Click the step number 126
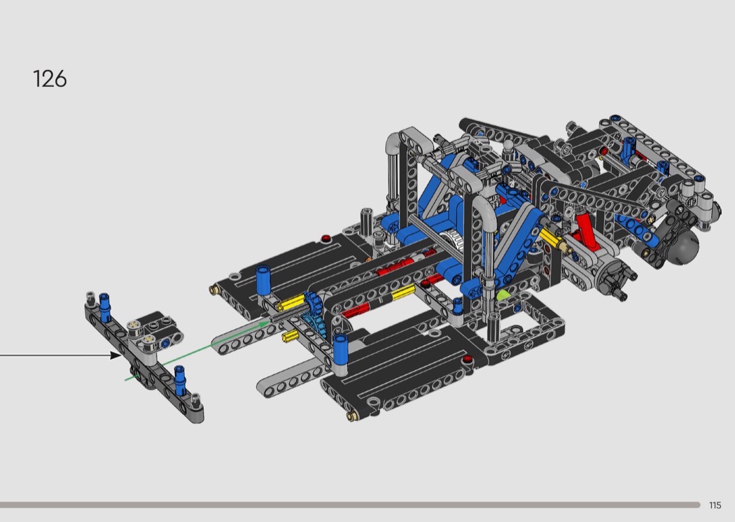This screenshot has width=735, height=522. (50, 79)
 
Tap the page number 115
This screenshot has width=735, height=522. (715, 505)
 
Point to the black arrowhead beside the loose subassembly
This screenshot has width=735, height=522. (115, 355)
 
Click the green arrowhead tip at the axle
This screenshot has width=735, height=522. (269, 321)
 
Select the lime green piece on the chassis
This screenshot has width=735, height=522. (502, 295)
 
